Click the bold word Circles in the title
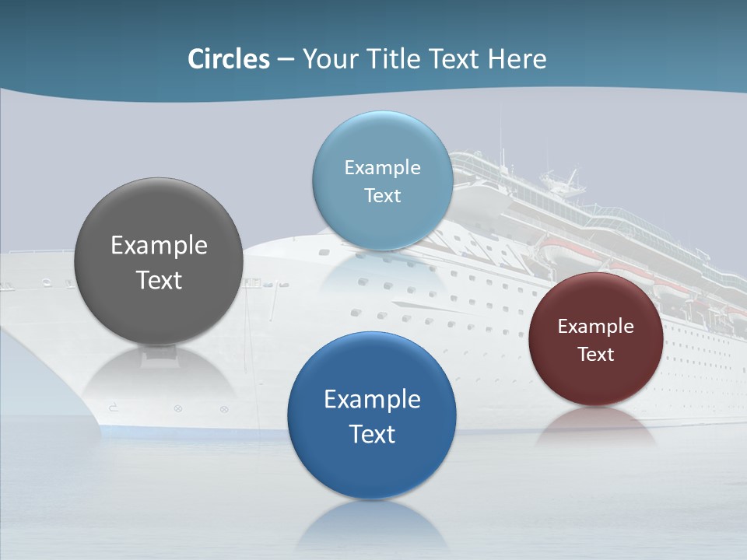(x=229, y=59)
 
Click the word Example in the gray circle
(x=159, y=246)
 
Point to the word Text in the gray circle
(x=159, y=280)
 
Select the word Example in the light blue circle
(x=382, y=167)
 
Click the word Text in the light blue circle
(x=382, y=195)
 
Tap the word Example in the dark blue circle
(x=372, y=400)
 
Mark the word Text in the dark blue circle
(x=372, y=434)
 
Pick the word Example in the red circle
(x=595, y=327)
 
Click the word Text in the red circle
(x=595, y=355)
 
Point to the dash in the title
(x=286, y=60)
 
